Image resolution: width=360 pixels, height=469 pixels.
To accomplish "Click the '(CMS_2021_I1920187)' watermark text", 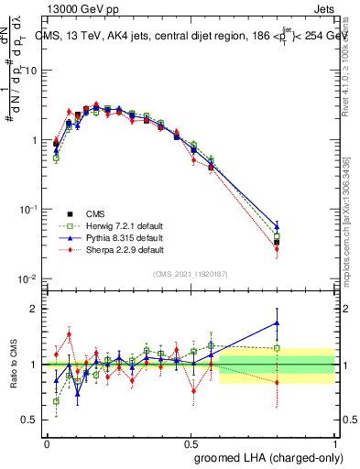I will (190, 274).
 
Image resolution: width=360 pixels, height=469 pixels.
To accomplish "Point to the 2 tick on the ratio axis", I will (37, 309).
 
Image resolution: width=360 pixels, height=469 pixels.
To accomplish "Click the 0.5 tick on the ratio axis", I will (33, 421).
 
